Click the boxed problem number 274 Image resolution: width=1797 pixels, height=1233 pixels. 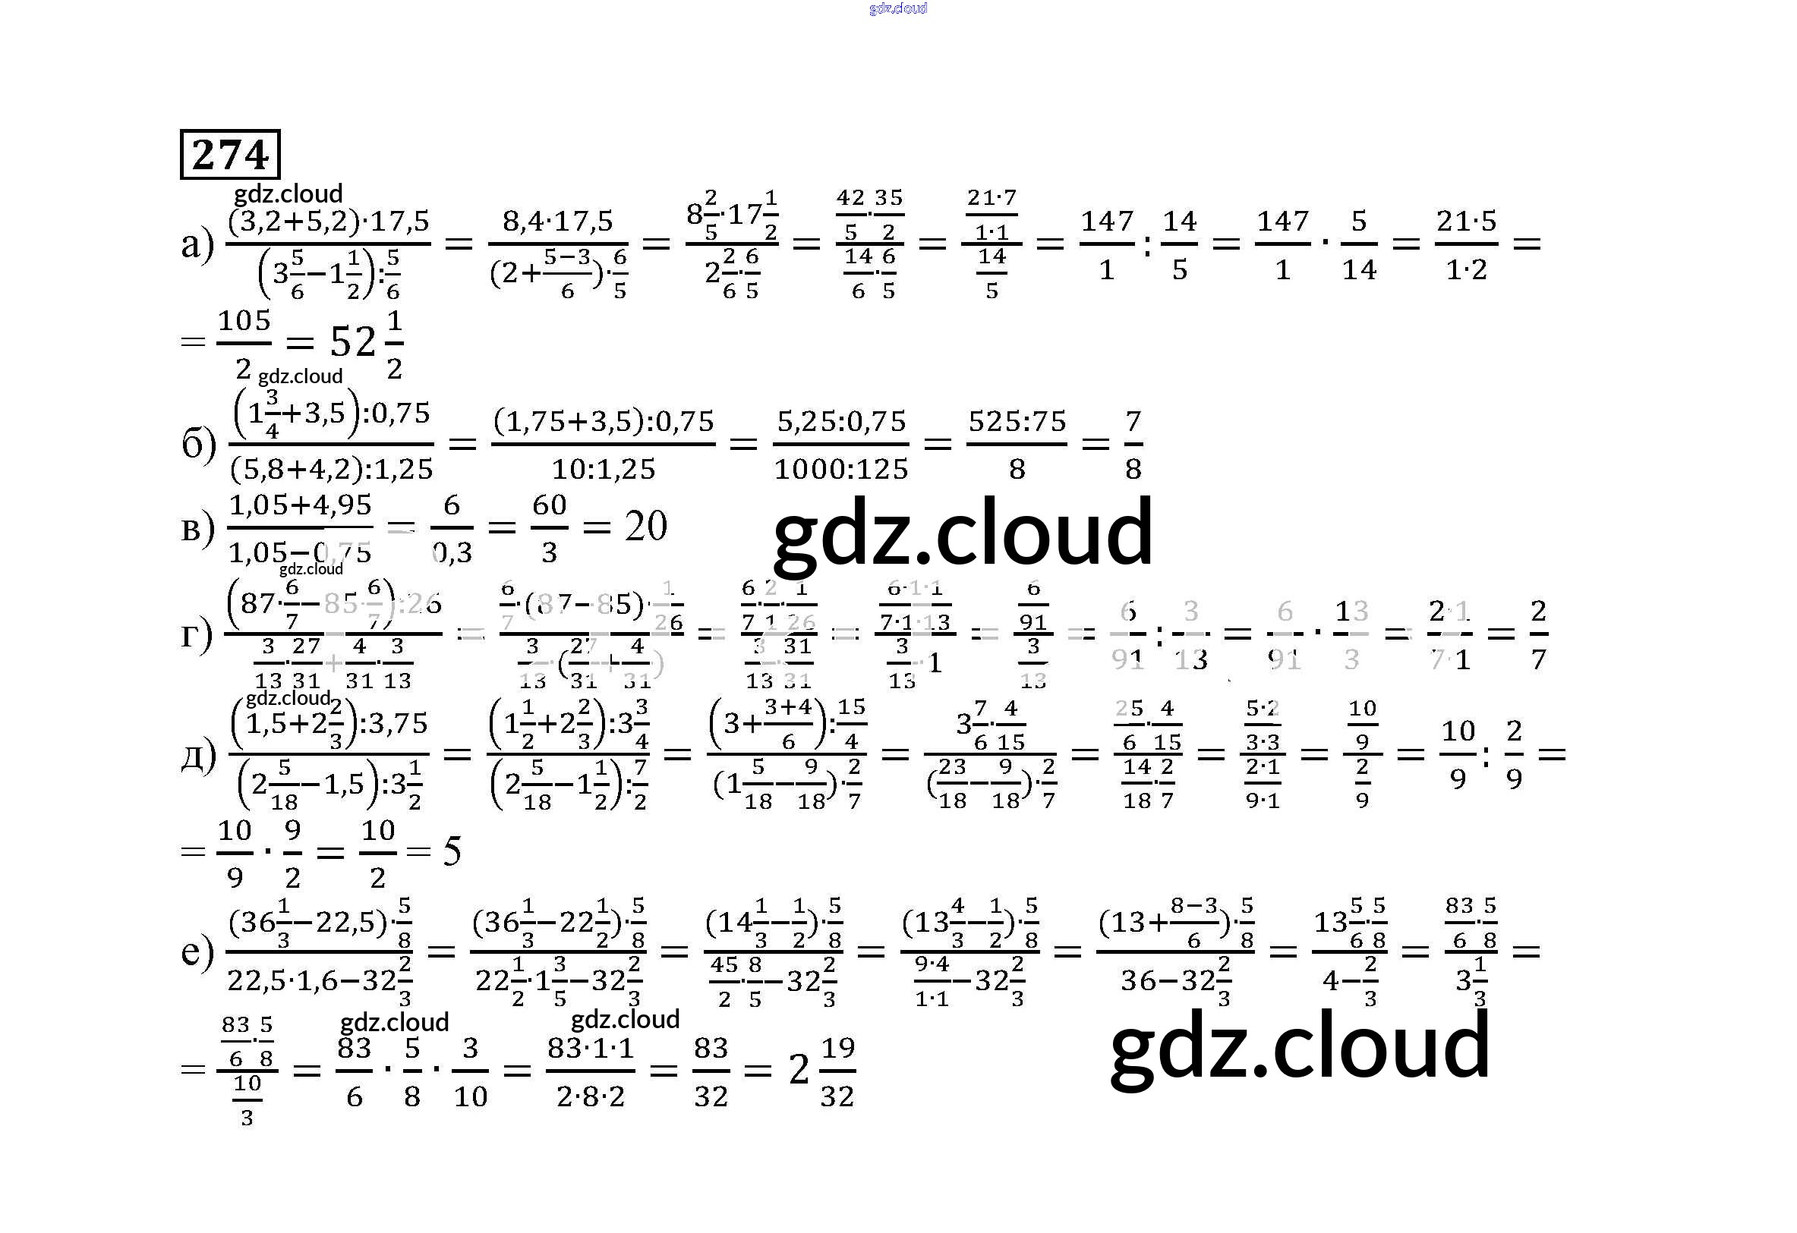click(x=229, y=155)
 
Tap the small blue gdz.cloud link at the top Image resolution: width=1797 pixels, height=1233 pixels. click(x=897, y=8)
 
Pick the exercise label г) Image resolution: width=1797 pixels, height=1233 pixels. click(x=197, y=634)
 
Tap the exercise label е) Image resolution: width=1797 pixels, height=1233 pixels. click(x=197, y=951)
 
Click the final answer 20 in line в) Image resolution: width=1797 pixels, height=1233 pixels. click(x=645, y=527)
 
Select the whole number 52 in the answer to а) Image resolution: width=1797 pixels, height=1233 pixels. click(x=352, y=341)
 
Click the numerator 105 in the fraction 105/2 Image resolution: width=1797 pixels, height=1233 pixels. click(x=244, y=320)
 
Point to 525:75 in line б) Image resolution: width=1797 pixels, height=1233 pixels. click(x=1017, y=422)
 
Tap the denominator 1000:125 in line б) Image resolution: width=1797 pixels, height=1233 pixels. click(x=840, y=469)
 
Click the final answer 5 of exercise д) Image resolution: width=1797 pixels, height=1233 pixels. click(x=452, y=852)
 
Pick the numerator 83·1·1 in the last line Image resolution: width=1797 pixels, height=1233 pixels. click(x=591, y=1049)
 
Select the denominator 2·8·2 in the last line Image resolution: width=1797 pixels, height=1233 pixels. click(x=591, y=1096)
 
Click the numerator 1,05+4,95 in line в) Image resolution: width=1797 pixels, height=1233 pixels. click(x=301, y=505)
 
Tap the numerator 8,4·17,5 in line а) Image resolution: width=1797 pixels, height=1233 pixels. click(x=557, y=222)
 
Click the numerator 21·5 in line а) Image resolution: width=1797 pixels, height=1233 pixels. click(x=1466, y=222)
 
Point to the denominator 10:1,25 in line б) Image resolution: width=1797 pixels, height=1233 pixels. click(x=603, y=469)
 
